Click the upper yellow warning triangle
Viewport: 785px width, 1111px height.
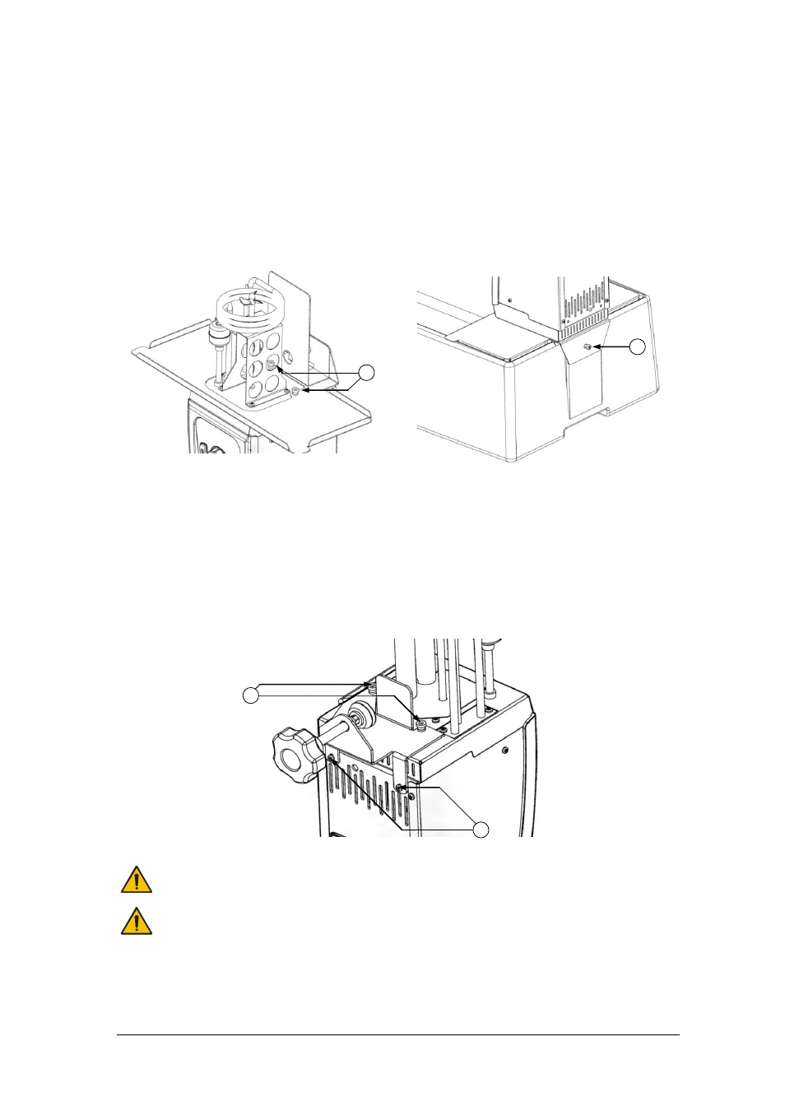136,880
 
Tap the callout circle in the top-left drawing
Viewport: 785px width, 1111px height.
366,373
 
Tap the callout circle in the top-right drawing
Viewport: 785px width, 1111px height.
637,346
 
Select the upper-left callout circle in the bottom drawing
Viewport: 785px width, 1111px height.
251,695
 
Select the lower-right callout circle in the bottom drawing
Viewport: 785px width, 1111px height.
480,830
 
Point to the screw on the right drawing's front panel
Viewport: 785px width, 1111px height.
587,347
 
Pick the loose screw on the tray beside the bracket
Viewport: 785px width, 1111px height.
295,391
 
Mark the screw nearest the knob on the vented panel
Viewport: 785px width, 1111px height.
331,757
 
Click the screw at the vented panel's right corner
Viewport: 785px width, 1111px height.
401,788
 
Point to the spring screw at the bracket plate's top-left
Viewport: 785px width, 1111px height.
372,686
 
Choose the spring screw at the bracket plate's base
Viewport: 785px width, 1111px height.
421,724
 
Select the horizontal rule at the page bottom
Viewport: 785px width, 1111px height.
397,1035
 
